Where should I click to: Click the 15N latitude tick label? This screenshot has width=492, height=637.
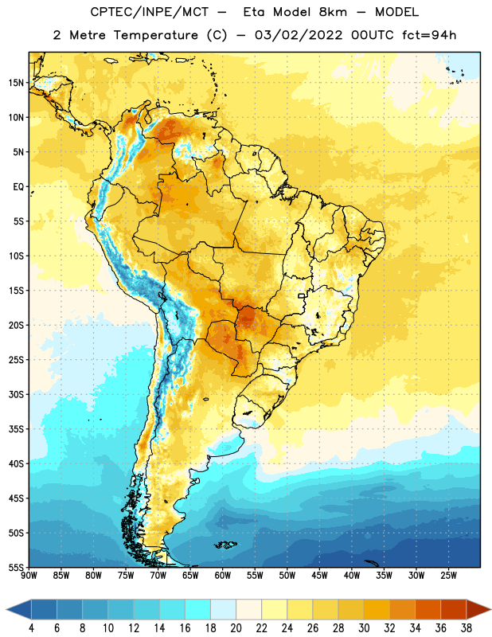(16, 83)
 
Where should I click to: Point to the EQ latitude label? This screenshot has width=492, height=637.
(18, 187)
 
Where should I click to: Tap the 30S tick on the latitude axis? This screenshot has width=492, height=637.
(16, 394)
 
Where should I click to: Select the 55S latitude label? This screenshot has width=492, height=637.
(16, 567)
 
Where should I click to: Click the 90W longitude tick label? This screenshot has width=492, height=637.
(29, 575)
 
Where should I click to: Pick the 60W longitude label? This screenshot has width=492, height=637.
(223, 575)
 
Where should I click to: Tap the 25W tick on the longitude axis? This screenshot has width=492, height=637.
(448, 575)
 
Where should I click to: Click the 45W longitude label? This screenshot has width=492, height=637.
(319, 575)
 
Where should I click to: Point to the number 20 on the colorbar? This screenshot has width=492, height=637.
(236, 628)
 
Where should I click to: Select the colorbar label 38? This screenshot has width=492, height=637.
(467, 628)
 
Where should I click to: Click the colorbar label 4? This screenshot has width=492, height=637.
(31, 628)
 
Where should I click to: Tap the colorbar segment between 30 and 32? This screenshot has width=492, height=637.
(377, 609)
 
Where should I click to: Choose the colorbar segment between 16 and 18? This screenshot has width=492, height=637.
(197, 609)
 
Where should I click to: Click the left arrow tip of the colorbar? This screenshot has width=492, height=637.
(6, 609)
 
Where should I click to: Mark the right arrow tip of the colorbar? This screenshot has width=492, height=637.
(490, 609)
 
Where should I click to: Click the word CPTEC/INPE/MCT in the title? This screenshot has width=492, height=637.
(149, 12)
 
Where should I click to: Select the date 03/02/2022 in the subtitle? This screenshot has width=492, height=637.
(299, 35)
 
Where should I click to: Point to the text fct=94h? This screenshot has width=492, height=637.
(429, 35)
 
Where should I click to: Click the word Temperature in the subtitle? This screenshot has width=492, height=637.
(155, 35)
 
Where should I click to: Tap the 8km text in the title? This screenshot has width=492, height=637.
(333, 12)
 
